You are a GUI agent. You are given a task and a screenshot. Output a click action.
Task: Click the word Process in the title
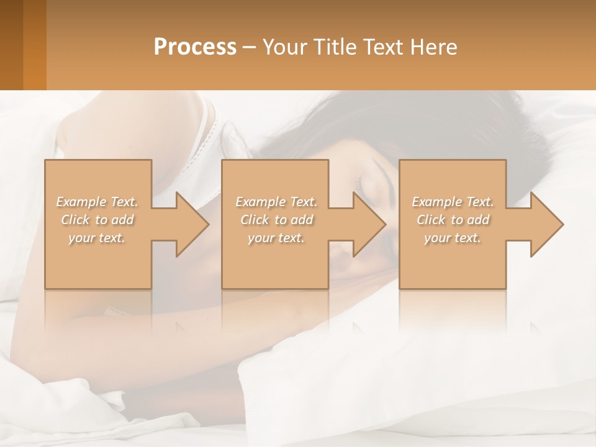click(x=195, y=47)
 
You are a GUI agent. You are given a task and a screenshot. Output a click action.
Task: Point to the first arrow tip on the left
click(x=208, y=224)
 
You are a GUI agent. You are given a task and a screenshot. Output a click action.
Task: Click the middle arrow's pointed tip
click(x=385, y=224)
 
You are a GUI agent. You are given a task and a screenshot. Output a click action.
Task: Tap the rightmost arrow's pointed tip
click(x=562, y=224)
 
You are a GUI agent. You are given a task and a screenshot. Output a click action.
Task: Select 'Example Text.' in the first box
click(x=97, y=202)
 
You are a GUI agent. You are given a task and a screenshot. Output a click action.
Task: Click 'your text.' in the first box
click(x=97, y=238)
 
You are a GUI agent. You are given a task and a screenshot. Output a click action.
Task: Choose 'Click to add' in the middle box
click(x=276, y=220)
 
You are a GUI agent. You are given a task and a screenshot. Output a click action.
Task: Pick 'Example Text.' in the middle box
click(x=276, y=202)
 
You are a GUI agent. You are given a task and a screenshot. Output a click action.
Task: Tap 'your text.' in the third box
click(x=453, y=238)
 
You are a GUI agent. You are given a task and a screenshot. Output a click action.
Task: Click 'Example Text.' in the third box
click(x=453, y=202)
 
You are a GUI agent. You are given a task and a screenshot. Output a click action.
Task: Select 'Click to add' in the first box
click(x=97, y=220)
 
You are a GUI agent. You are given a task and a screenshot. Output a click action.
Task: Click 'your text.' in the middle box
click(x=276, y=238)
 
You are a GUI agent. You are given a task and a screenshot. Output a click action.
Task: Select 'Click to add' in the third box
click(x=453, y=220)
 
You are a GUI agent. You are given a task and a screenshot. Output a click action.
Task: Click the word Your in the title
click(x=284, y=47)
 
